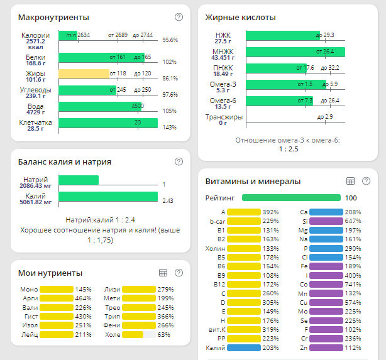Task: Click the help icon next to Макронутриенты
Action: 179,17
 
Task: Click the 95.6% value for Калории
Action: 170,40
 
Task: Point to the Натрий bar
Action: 79,180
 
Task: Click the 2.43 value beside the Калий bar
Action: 167,201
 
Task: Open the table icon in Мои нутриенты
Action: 163,273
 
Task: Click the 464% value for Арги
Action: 84,298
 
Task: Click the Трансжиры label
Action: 224,117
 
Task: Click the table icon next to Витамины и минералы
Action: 351,181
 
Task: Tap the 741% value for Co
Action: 354,285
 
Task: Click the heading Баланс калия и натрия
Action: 65,161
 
